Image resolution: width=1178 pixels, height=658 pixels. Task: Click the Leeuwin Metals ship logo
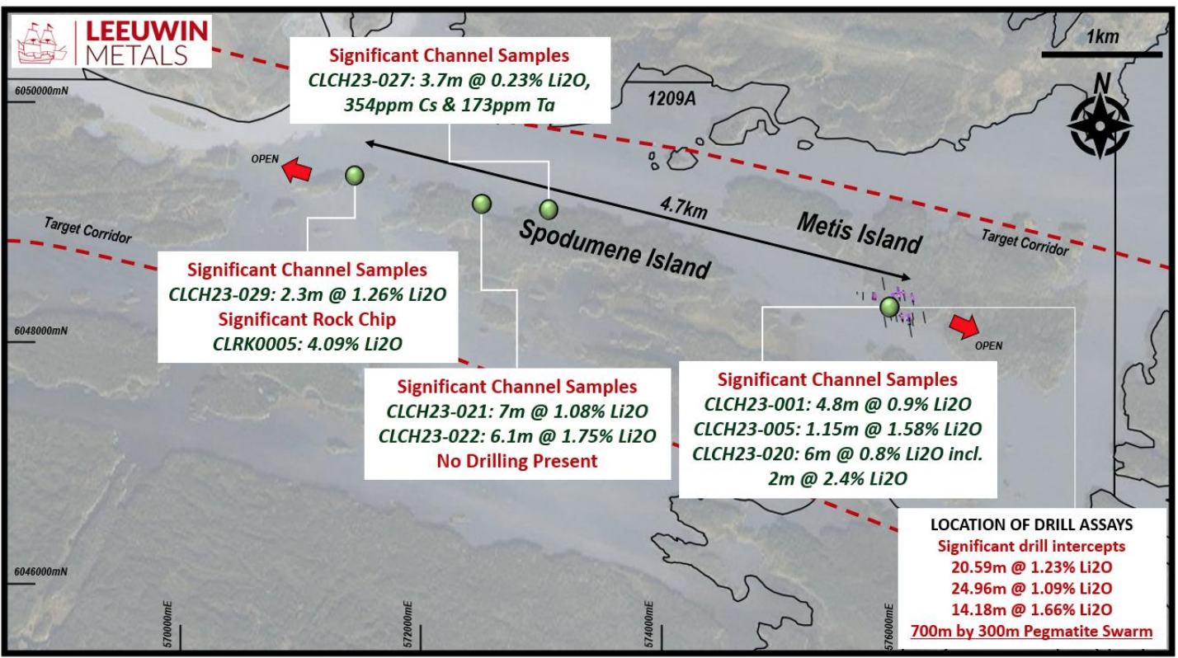(41, 42)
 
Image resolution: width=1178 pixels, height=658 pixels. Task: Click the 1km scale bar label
(1102, 37)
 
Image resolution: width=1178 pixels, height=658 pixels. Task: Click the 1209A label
(671, 98)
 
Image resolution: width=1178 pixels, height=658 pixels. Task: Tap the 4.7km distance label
(684, 208)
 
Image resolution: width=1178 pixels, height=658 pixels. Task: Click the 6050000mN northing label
(41, 91)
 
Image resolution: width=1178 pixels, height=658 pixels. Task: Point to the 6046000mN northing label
(41, 571)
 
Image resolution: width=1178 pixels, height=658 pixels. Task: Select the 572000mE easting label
(408, 625)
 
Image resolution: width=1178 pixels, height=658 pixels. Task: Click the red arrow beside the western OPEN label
(297, 171)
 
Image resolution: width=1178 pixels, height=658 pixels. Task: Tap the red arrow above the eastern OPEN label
(964, 326)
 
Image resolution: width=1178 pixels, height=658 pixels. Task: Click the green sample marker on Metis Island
(890, 307)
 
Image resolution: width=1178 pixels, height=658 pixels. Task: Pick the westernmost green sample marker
(355, 176)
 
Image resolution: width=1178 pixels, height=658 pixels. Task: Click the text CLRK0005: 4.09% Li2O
(307, 344)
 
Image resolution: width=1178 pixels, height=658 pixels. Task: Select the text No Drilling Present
(517, 461)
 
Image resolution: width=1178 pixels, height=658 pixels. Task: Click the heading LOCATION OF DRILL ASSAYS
(1032, 524)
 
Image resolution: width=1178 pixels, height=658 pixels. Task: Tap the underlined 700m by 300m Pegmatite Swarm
(1032, 631)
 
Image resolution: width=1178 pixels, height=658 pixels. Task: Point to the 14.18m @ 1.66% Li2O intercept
(1032, 609)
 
